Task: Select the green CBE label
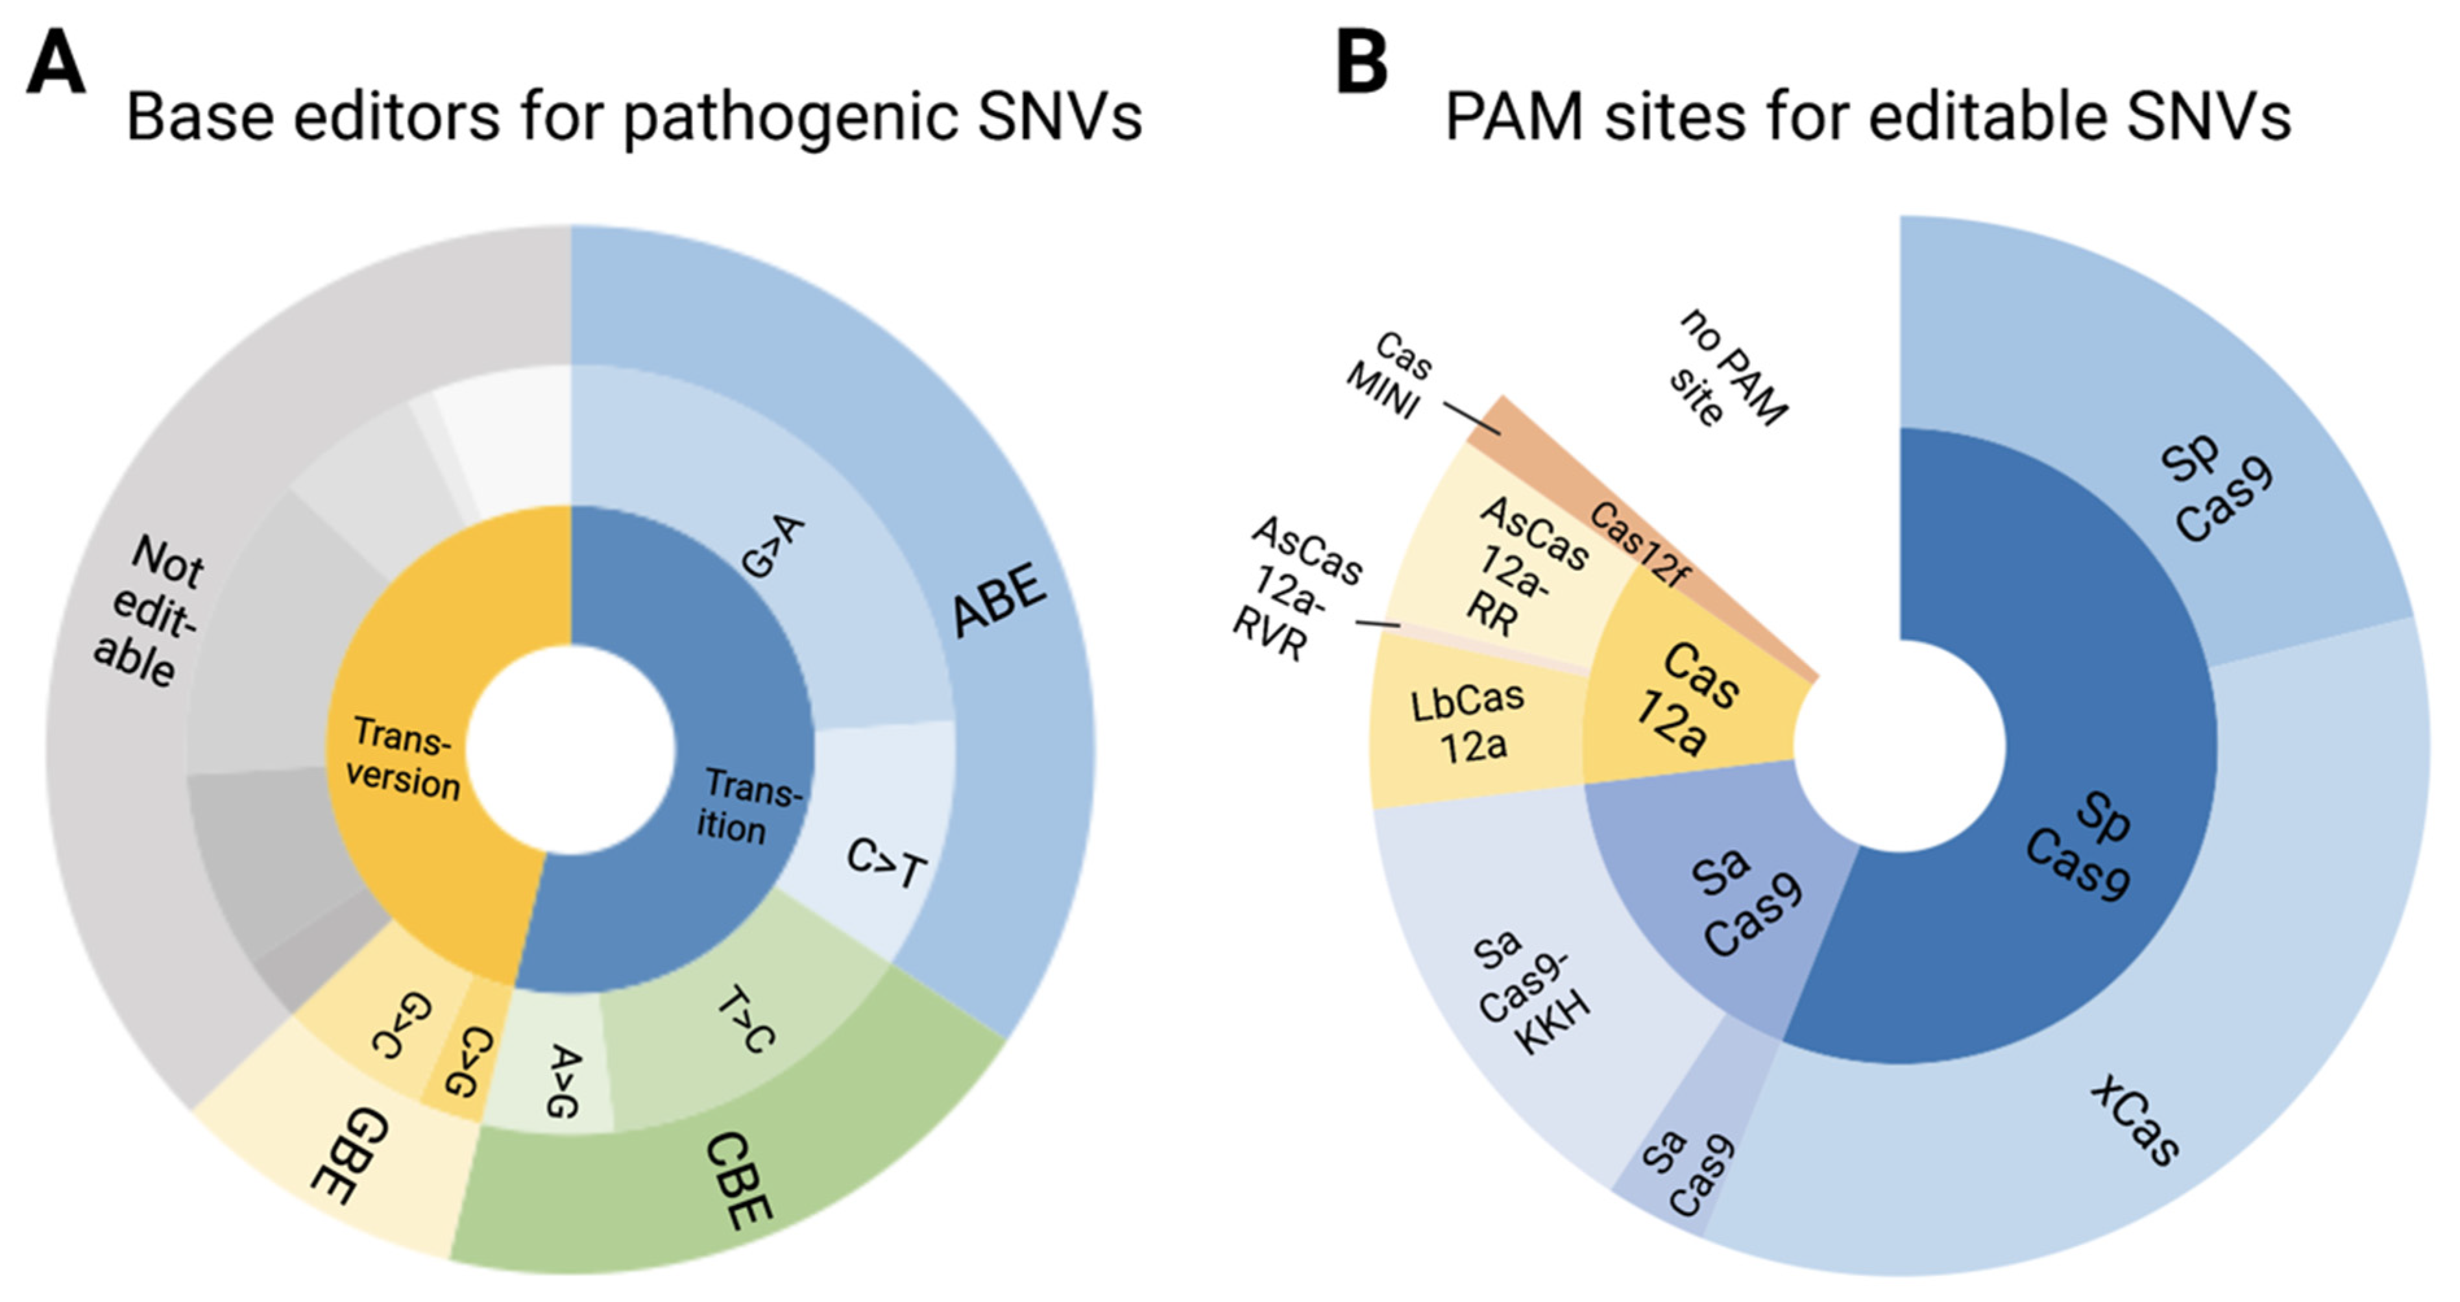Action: click(x=737, y=1181)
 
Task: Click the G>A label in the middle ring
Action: click(x=773, y=546)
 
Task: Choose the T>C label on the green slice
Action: click(x=745, y=1020)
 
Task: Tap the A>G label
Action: click(x=563, y=1081)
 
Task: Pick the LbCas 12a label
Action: click(x=1468, y=723)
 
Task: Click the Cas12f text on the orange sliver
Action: click(x=1638, y=544)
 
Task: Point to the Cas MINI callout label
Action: click(x=1389, y=375)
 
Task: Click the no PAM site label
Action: click(x=1729, y=367)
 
